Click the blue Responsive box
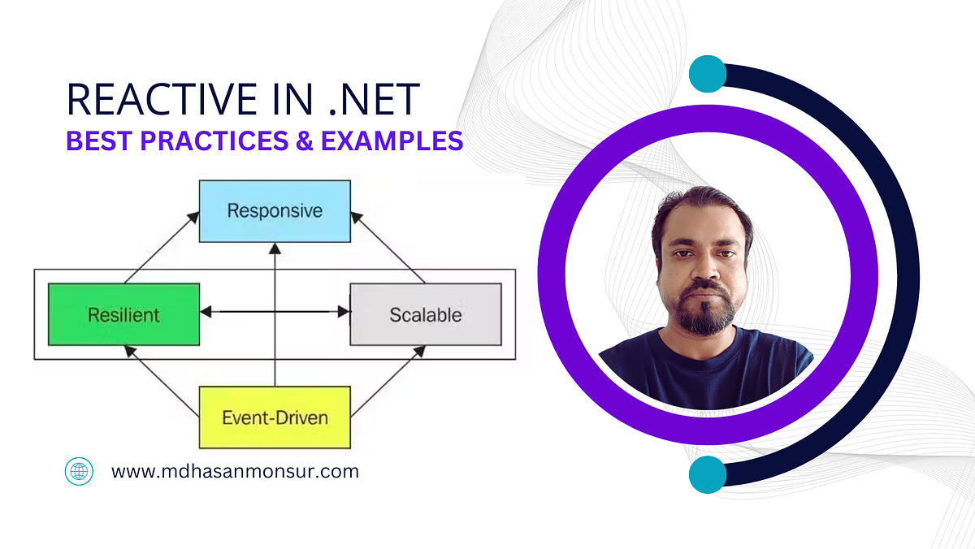pyautogui.click(x=275, y=211)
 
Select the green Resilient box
pyautogui.click(x=123, y=314)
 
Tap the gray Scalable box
pyautogui.click(x=425, y=314)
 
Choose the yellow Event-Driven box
pyautogui.click(x=275, y=417)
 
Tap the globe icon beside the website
pyautogui.click(x=79, y=471)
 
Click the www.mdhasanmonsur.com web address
pyautogui.click(x=235, y=471)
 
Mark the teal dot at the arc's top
pyautogui.click(x=707, y=74)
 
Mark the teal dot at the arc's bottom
pyautogui.click(x=707, y=474)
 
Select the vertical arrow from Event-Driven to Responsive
pyautogui.click(x=275, y=325)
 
